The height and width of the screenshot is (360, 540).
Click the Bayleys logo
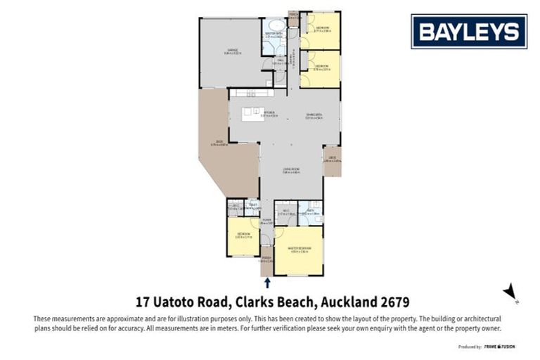(468, 31)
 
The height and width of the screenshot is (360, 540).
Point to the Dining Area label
(313, 116)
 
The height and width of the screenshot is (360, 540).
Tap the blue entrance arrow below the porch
(267, 283)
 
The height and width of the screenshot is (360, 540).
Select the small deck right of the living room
(332, 160)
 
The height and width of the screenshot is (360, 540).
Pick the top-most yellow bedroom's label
(321, 29)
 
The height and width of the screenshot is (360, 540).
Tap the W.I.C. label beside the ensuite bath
(285, 211)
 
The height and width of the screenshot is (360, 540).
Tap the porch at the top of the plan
(293, 15)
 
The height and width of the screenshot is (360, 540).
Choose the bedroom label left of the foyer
(243, 235)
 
